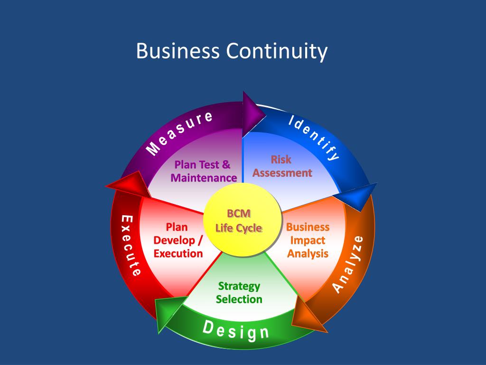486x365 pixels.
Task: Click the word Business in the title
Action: tap(178, 51)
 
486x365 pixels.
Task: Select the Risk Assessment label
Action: tap(282, 166)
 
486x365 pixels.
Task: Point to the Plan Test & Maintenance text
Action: tap(204, 171)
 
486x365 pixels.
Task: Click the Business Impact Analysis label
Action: tap(308, 240)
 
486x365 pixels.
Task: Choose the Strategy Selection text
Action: tap(239, 292)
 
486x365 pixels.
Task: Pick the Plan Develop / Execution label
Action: tap(178, 240)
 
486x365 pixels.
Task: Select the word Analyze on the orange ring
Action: tap(347, 264)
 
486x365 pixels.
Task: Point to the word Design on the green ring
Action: tap(236, 330)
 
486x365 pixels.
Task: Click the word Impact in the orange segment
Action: tap(308, 240)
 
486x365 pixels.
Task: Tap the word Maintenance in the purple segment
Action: tap(204, 178)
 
